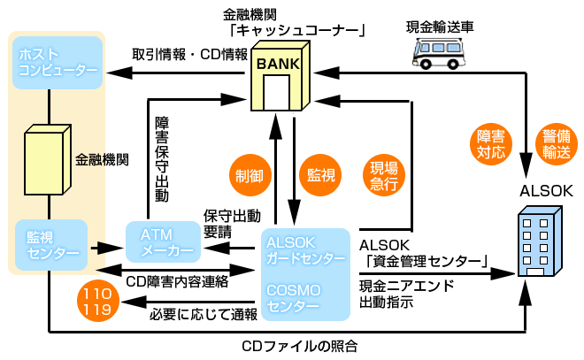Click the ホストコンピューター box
58,63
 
